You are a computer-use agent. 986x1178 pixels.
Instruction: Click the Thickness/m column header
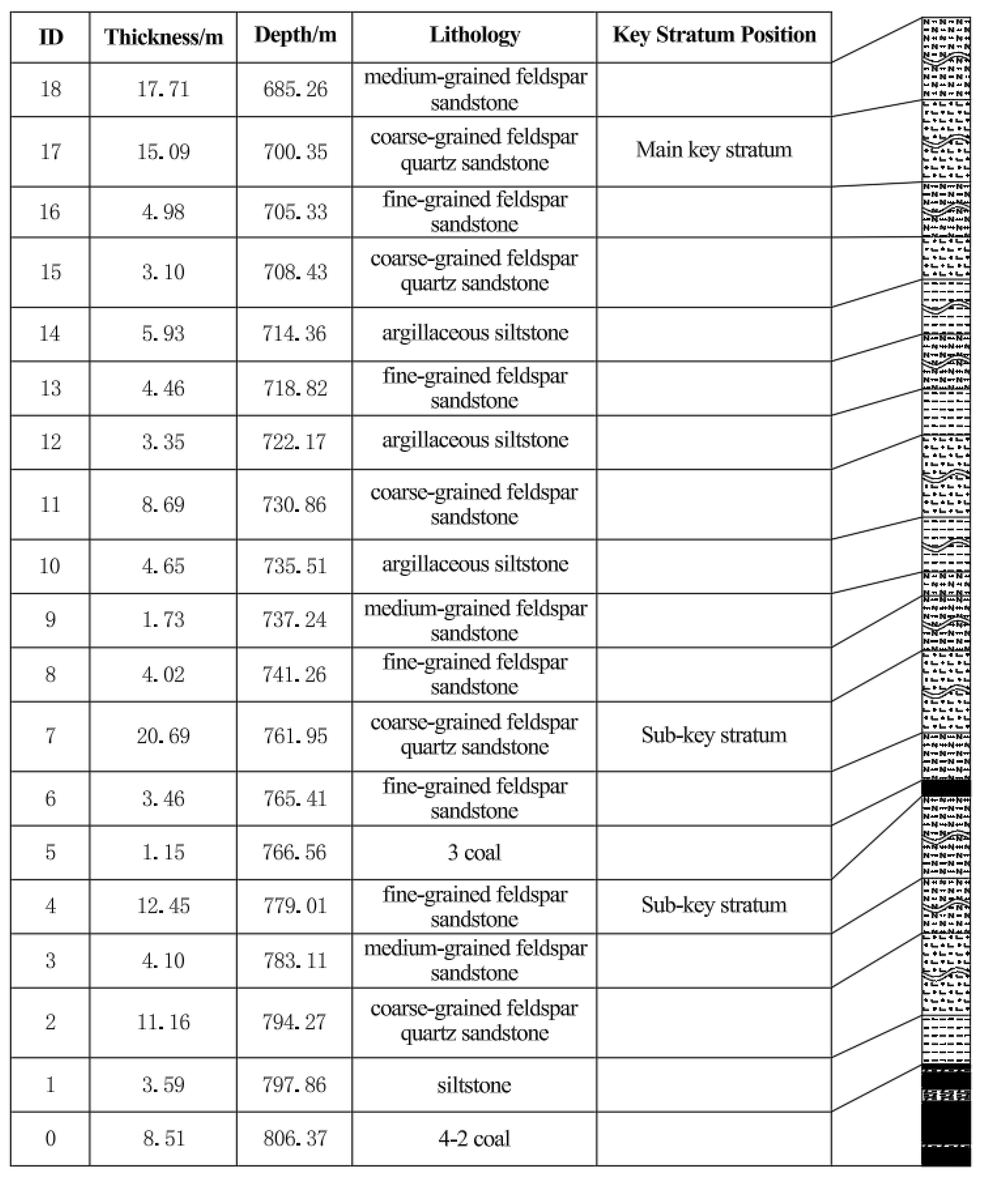[163, 37]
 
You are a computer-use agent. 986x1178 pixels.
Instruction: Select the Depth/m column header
[295, 35]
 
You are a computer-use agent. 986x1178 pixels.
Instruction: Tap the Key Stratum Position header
[714, 35]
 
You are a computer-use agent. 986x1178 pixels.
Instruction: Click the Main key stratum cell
[714, 150]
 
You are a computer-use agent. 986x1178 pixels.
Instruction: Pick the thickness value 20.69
[163, 735]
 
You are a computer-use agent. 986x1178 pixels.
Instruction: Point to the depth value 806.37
[295, 1138]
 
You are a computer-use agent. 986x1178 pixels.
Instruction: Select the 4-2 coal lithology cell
[474, 1138]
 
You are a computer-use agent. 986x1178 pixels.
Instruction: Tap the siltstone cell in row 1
[474, 1084]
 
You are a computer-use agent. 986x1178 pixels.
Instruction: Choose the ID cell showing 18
[50, 89]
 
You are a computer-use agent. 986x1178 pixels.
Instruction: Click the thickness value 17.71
[163, 89]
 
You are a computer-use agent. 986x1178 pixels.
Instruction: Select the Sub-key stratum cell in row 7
[714, 735]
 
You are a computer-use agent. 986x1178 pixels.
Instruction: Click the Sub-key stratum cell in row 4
[714, 905]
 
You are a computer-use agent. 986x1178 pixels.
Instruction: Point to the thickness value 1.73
[163, 620]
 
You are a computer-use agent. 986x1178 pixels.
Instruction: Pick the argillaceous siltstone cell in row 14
[475, 333]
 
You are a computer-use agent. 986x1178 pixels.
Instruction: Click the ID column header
[50, 37]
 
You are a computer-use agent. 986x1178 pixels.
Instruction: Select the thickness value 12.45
[163, 906]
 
